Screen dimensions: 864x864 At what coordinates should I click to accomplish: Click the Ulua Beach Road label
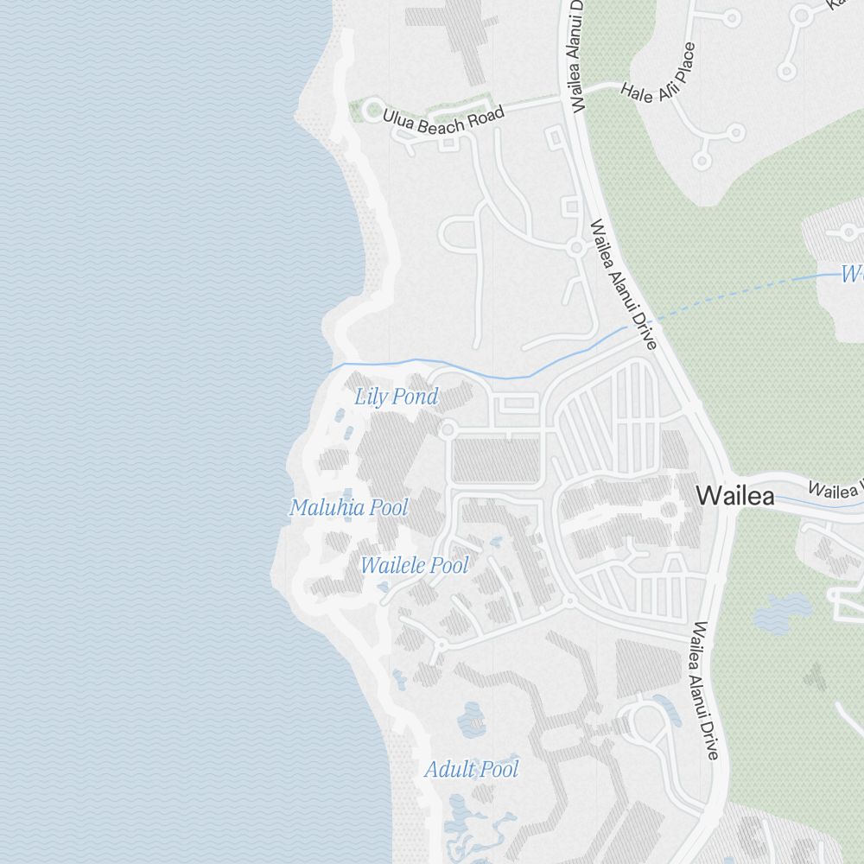click(x=443, y=121)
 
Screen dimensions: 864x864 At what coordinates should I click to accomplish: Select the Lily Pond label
click(x=397, y=397)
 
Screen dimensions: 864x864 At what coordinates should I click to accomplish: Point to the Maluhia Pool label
click(x=348, y=507)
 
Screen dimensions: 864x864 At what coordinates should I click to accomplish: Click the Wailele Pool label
click(x=414, y=566)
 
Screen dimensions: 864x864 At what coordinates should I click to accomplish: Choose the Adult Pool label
click(x=472, y=768)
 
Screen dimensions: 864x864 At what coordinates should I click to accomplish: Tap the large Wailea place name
click(x=734, y=496)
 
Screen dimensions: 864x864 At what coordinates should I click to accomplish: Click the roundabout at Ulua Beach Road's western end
click(x=373, y=111)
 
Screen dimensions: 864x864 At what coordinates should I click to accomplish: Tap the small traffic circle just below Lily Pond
click(x=448, y=429)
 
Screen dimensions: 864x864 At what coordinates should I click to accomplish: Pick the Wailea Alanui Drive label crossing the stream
click(x=623, y=285)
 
